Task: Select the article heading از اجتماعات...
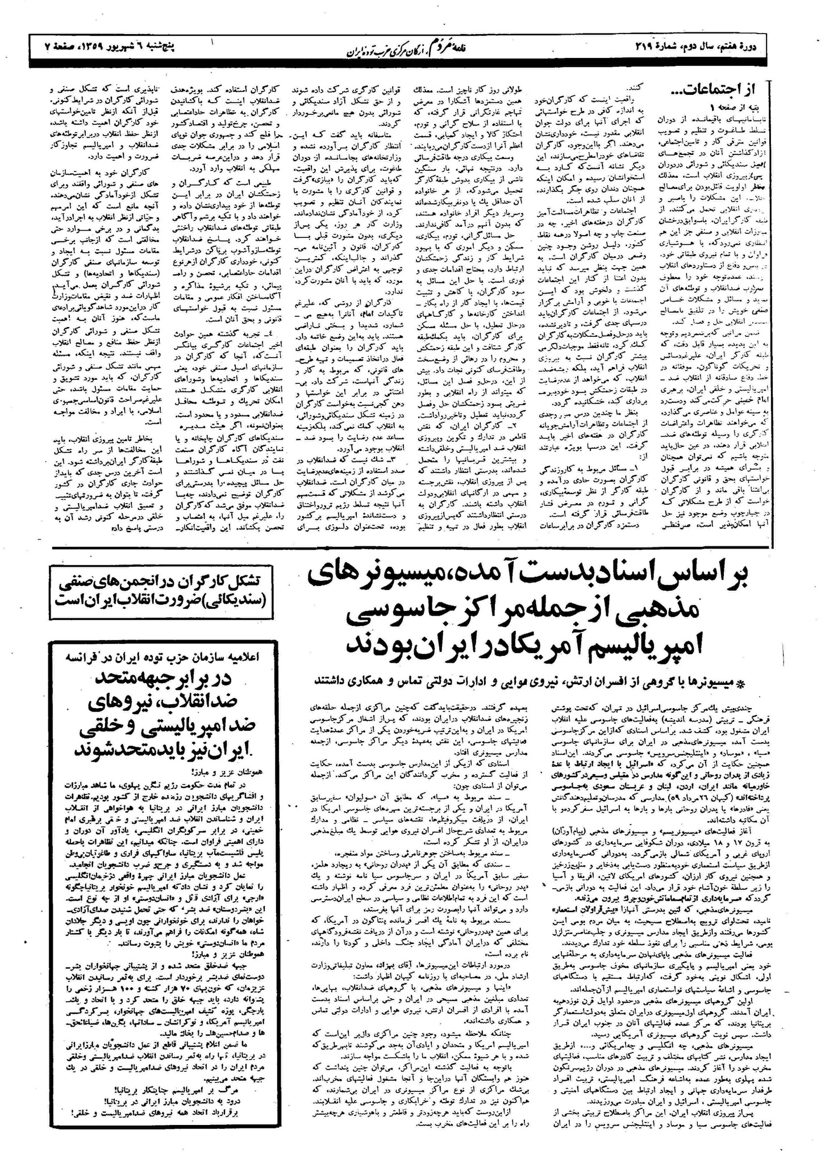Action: point(718,89)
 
